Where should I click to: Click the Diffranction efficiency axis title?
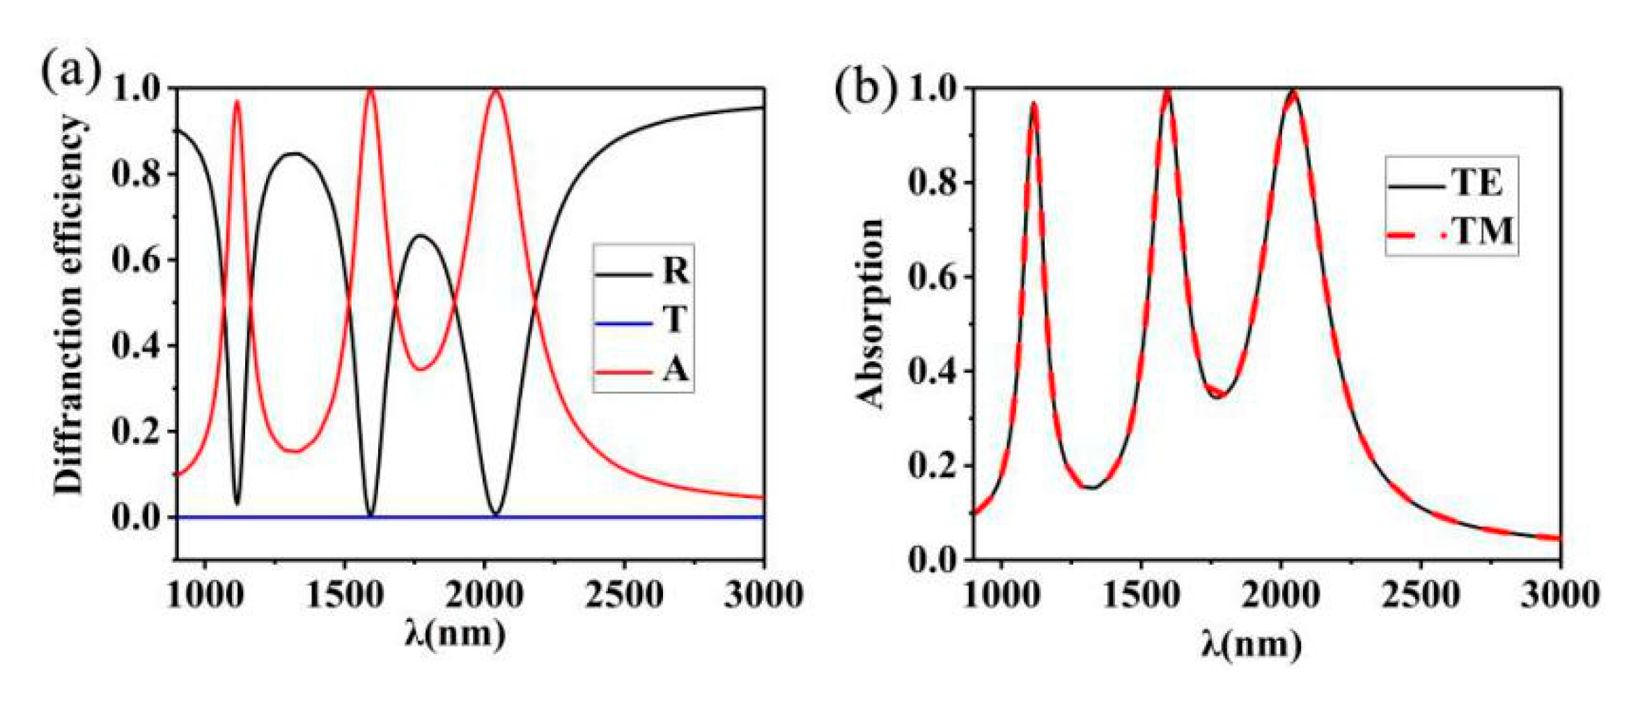(70, 304)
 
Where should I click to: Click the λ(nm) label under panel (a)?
(455, 633)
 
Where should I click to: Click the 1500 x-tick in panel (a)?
(345, 595)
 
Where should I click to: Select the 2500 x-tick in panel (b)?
(1420, 595)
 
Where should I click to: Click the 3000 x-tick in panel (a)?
(763, 595)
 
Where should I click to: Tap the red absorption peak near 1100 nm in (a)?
(237, 102)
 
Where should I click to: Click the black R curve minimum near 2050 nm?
(496, 514)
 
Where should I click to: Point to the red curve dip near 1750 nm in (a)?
(421, 368)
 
